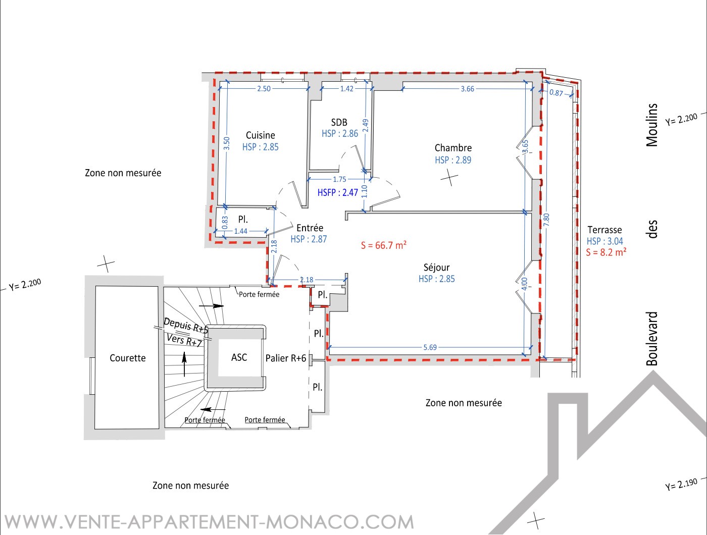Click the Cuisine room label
(260, 135)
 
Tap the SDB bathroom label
(339, 122)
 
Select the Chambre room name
(453, 148)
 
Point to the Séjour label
(436, 267)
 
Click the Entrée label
(310, 228)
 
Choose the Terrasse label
(604, 230)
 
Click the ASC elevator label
(239, 357)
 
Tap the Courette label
(128, 358)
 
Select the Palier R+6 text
(286, 358)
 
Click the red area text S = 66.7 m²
(383, 245)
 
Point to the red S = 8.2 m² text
(606, 252)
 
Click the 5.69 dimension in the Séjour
(430, 347)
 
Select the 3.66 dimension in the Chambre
(467, 89)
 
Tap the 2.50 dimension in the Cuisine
(264, 88)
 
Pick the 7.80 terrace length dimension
(546, 220)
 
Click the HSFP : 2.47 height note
(337, 192)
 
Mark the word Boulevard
(652, 339)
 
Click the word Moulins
(652, 125)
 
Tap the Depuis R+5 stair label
(186, 325)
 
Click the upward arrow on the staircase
(184, 364)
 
